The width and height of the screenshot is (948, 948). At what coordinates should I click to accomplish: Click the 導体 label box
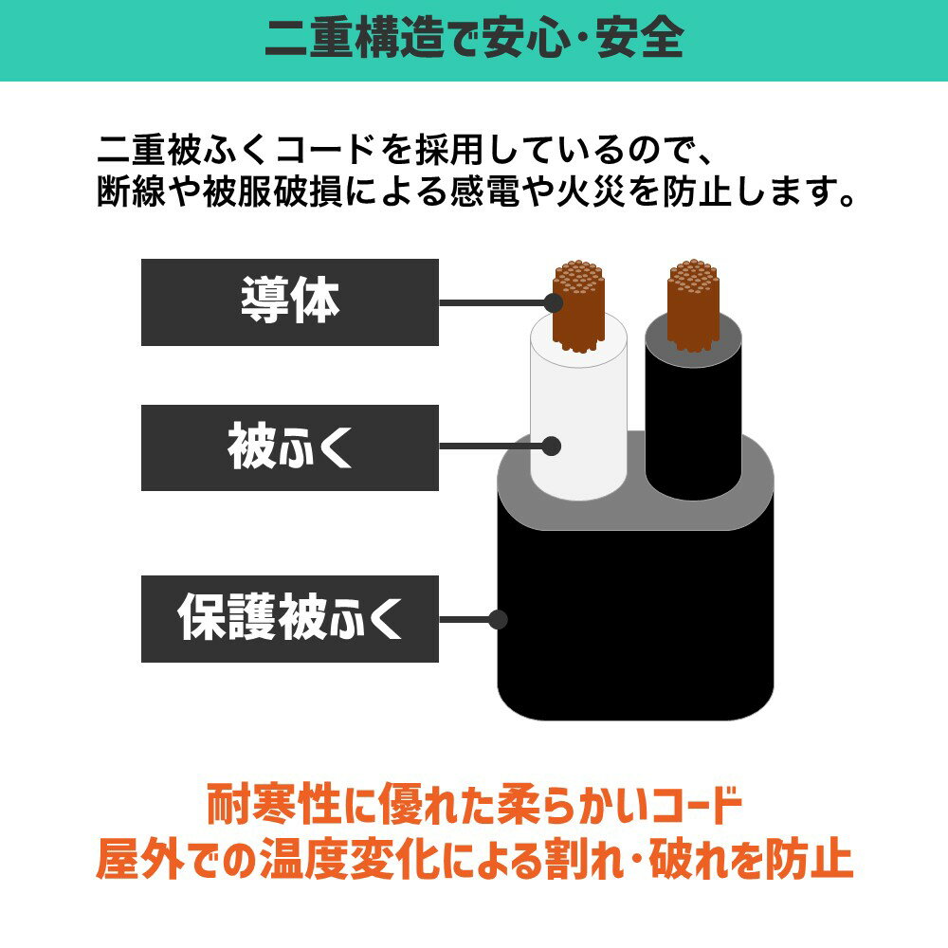[289, 302]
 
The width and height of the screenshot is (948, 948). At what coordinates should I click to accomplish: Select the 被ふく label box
[289, 447]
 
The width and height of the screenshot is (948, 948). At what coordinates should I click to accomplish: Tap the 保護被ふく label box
[289, 618]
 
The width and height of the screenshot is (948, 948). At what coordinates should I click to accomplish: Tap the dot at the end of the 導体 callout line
[554, 302]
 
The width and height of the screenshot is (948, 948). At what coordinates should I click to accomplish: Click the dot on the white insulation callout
[554, 445]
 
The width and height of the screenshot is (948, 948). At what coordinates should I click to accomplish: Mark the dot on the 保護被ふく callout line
[499, 620]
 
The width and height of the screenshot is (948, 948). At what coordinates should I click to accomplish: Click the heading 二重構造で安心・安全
[474, 40]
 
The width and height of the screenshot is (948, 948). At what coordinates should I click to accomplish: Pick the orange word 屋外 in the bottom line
[136, 861]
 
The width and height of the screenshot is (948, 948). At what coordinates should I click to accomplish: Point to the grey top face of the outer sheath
[635, 512]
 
